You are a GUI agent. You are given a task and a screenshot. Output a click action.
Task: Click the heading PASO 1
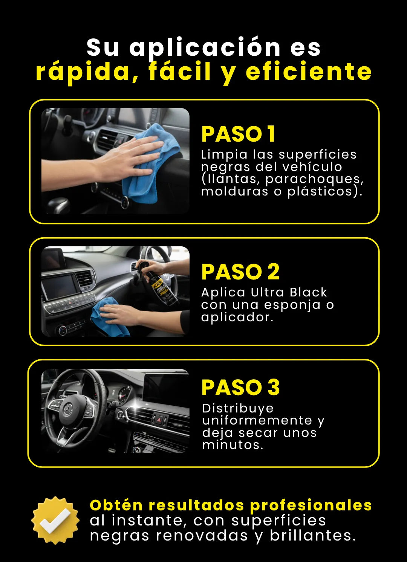(238, 134)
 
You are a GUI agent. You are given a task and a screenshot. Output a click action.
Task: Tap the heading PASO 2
(240, 272)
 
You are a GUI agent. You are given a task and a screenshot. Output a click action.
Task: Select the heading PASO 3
(240, 388)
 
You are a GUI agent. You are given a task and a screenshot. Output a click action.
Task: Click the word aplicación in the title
(205, 48)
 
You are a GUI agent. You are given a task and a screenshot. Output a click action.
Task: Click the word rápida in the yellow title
(87, 73)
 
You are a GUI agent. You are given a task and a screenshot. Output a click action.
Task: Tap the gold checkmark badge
(55, 520)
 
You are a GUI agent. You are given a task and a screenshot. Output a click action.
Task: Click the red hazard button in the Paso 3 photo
(159, 420)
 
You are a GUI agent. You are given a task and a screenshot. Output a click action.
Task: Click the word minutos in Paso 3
(233, 445)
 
